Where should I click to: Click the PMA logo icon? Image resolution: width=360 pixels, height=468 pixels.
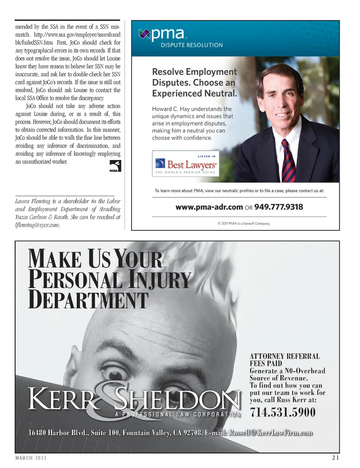pos(144,34)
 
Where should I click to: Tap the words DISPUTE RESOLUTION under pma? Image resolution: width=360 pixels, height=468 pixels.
pos(192,45)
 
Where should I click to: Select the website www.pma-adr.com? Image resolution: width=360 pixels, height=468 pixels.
pos(209,207)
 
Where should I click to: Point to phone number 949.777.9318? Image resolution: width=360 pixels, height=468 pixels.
pos(278,207)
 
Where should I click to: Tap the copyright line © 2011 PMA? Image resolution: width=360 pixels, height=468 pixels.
pos(244,223)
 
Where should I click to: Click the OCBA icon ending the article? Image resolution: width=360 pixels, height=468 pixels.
pos(115,166)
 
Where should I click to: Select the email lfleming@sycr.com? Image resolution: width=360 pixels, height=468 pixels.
pos(37,225)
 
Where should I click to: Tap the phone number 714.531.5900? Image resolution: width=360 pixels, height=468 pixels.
pos(283,412)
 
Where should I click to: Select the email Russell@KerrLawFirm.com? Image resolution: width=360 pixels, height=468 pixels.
pos(271,433)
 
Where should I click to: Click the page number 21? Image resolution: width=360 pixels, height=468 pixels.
pos(335,458)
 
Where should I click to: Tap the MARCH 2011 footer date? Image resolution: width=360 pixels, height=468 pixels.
pos(31,458)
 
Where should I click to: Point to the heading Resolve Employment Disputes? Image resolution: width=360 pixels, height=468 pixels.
pos(194,82)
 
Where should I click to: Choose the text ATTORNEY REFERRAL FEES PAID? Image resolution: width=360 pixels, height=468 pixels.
pos(285,360)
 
